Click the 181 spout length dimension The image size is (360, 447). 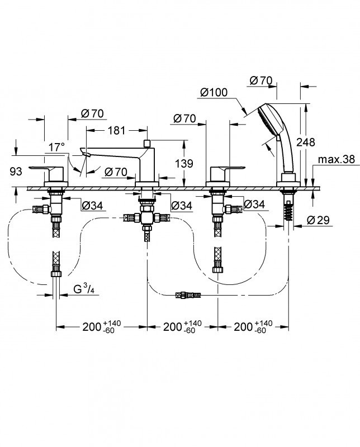116,131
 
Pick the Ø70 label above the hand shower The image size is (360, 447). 260,80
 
